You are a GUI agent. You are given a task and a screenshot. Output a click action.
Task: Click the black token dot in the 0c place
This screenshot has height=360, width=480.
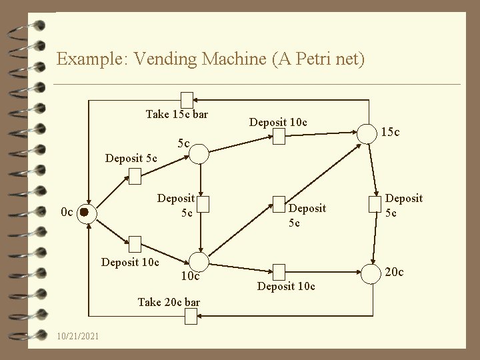84,213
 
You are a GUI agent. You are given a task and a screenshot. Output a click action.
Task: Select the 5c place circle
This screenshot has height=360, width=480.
198,154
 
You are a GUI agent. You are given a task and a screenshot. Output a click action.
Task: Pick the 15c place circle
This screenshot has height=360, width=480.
367,133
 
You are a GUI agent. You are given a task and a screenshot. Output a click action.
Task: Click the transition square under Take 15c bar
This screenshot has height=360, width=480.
187,99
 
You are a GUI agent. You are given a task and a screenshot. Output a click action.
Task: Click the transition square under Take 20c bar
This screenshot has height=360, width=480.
191,317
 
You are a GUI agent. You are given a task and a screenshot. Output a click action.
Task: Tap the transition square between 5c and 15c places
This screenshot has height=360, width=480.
278,137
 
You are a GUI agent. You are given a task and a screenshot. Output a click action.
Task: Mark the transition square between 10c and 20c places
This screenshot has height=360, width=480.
278,271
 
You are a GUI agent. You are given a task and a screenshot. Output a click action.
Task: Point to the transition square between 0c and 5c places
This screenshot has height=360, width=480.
135,176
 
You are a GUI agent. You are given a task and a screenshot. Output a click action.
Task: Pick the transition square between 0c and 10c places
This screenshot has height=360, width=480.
135,244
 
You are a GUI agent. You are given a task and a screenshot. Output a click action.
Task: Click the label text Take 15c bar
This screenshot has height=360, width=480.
177,115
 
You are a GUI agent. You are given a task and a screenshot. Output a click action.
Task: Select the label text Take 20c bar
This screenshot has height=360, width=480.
168,302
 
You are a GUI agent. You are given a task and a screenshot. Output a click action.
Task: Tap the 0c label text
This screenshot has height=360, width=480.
66,213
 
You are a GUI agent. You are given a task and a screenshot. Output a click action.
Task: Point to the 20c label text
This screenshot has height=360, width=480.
393,271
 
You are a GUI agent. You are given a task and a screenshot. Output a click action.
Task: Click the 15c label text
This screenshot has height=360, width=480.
390,133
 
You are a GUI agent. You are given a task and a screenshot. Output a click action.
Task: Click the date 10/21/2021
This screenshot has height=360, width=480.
77,335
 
